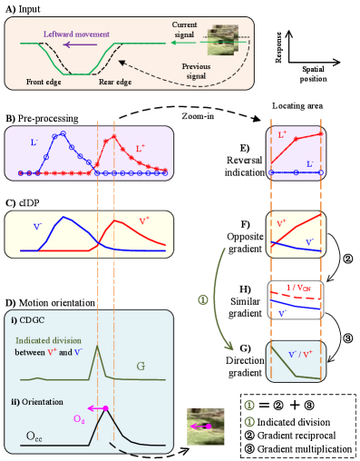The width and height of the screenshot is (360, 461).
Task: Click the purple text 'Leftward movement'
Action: (77, 34)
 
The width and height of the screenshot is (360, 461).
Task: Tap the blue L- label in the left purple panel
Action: (34, 142)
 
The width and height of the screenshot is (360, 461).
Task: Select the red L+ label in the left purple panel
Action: (141, 147)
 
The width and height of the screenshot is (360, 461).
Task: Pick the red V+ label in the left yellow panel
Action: (144, 220)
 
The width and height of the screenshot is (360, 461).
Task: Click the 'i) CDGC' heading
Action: (28, 319)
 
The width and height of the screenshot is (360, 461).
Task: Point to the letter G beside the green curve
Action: (141, 367)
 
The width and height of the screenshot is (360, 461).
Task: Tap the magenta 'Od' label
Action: (79, 418)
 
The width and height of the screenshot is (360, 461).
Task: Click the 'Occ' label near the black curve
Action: (34, 437)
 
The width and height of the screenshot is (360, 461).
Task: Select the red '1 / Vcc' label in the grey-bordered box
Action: (299, 289)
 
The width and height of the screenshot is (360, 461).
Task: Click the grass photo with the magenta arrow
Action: (205, 426)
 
